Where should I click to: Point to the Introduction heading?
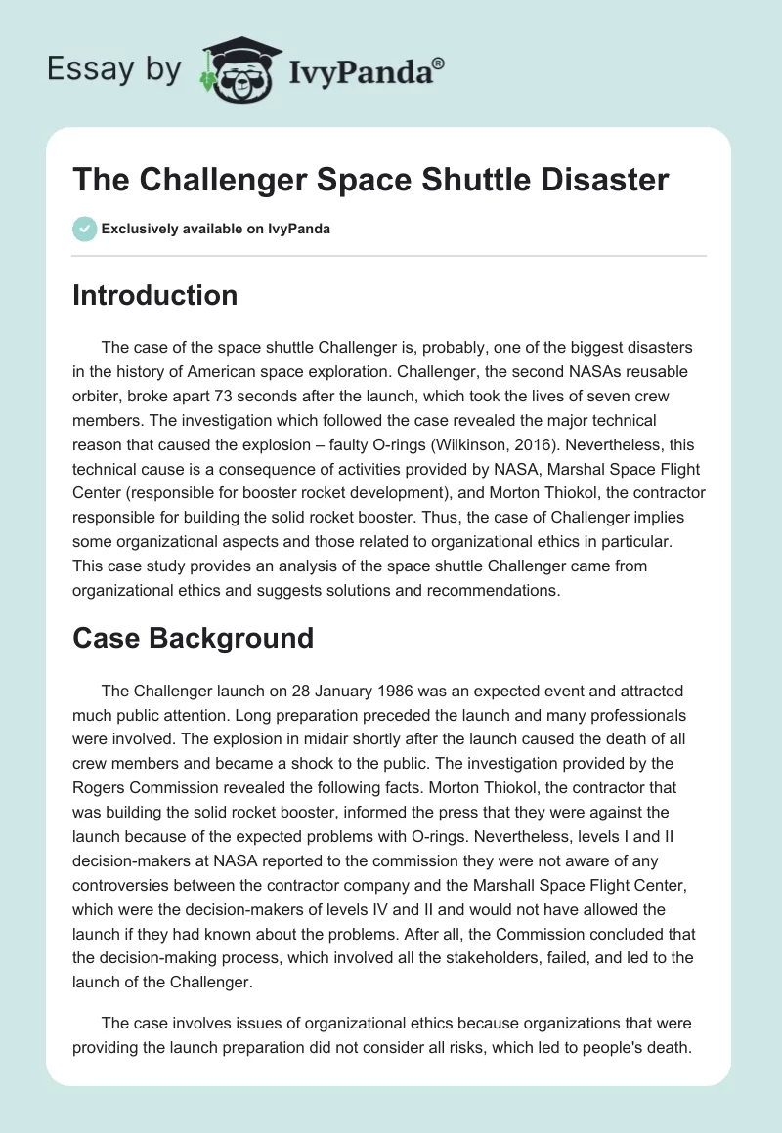[154, 295]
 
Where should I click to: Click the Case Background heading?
[193, 638]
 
